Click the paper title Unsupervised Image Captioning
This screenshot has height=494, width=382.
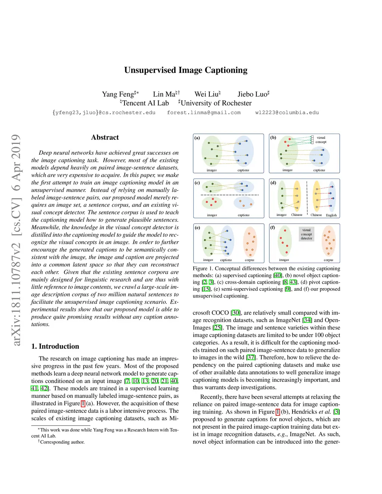[x=186, y=70]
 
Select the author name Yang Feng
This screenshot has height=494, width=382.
[x=118, y=94]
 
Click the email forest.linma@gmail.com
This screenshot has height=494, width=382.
[x=204, y=113]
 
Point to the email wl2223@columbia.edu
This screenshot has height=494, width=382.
[x=287, y=113]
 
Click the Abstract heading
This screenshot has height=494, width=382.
[x=105, y=138]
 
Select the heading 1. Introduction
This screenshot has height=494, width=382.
[x=55, y=346]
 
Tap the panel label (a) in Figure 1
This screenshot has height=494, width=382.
[x=197, y=138]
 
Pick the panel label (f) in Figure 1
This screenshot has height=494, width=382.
[x=273, y=227]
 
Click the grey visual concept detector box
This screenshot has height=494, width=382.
[x=306, y=234]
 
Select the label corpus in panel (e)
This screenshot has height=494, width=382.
[x=249, y=260]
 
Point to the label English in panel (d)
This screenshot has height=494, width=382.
[x=331, y=215]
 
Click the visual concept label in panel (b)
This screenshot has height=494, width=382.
[x=321, y=140]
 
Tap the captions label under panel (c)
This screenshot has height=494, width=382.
[x=244, y=215]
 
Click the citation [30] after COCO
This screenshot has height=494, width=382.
[x=236, y=313]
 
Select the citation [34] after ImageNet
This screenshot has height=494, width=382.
[x=307, y=320]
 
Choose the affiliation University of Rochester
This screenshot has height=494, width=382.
[x=216, y=103]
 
